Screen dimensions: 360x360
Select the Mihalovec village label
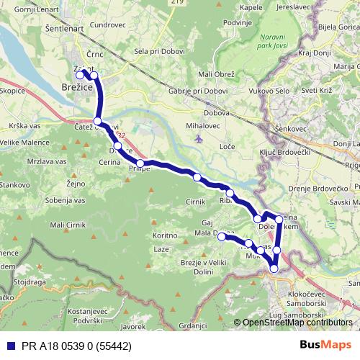pyautogui.click(x=202, y=126)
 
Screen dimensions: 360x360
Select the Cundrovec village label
pyautogui.click(x=109, y=24)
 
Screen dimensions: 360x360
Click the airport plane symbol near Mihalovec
pyautogui.click(x=199, y=138)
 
